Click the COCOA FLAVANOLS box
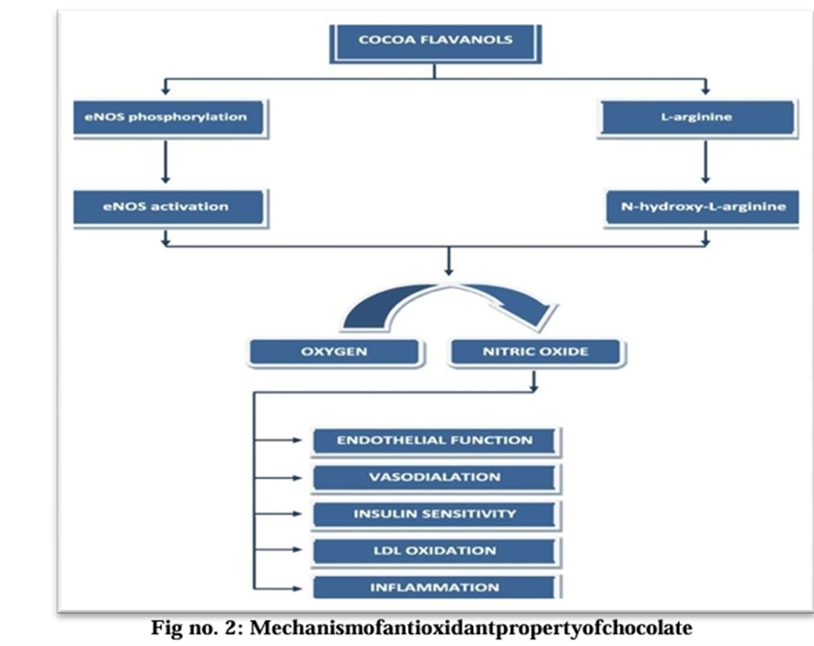click(x=435, y=41)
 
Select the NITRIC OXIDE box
click(x=534, y=351)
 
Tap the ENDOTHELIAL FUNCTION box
click(x=434, y=440)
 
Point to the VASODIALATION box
click(x=434, y=477)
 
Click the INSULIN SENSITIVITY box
click(x=434, y=514)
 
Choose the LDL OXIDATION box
click(x=434, y=551)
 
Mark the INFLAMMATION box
click(x=434, y=588)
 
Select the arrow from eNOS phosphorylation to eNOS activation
click(x=168, y=161)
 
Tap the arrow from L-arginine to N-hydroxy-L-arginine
click(x=703, y=161)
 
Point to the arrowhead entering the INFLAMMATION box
click(x=299, y=588)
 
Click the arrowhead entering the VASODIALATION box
click(x=299, y=477)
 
